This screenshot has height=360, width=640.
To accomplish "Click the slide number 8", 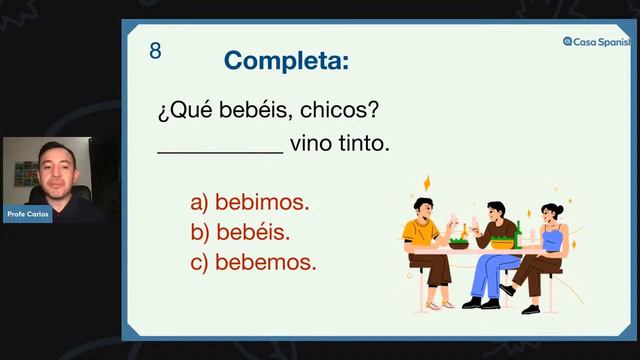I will click(x=155, y=51).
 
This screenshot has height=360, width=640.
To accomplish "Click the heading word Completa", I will click(x=286, y=60).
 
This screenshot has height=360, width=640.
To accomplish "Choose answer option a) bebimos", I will click(x=250, y=202).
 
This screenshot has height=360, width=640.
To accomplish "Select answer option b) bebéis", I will click(x=240, y=232).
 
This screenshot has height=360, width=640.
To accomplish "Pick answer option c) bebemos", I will click(x=253, y=263).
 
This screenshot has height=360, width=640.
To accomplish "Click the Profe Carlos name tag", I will click(x=27, y=213).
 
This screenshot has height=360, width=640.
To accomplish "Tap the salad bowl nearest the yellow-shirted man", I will click(x=458, y=242).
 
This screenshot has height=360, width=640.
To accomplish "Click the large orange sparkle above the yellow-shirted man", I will click(x=427, y=184).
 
